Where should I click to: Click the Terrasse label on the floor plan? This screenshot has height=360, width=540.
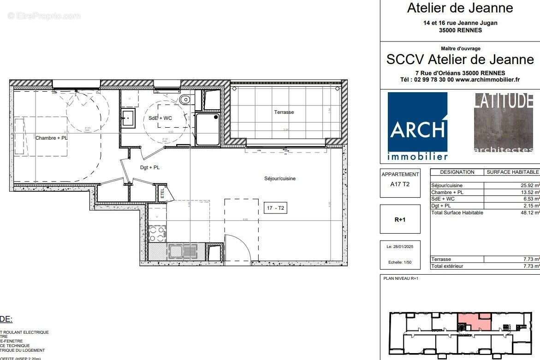(x=284, y=112)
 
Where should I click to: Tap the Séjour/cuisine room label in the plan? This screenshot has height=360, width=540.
(x=280, y=178)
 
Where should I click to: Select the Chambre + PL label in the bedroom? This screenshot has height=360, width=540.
(x=52, y=138)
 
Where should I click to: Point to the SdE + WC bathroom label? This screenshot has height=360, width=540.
(x=160, y=118)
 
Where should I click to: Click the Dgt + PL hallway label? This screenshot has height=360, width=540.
(x=150, y=168)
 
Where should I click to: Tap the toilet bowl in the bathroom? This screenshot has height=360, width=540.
(x=185, y=99)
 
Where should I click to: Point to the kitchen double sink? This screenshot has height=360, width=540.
(x=183, y=251)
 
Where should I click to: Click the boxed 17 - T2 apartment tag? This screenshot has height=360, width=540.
(x=275, y=208)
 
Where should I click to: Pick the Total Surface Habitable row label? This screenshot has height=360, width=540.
(x=457, y=212)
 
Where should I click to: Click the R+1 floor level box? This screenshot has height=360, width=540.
(x=400, y=220)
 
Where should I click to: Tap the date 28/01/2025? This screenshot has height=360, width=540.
(x=400, y=247)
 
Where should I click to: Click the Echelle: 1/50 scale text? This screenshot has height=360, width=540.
(x=400, y=262)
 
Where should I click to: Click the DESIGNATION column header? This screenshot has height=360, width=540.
(x=457, y=172)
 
